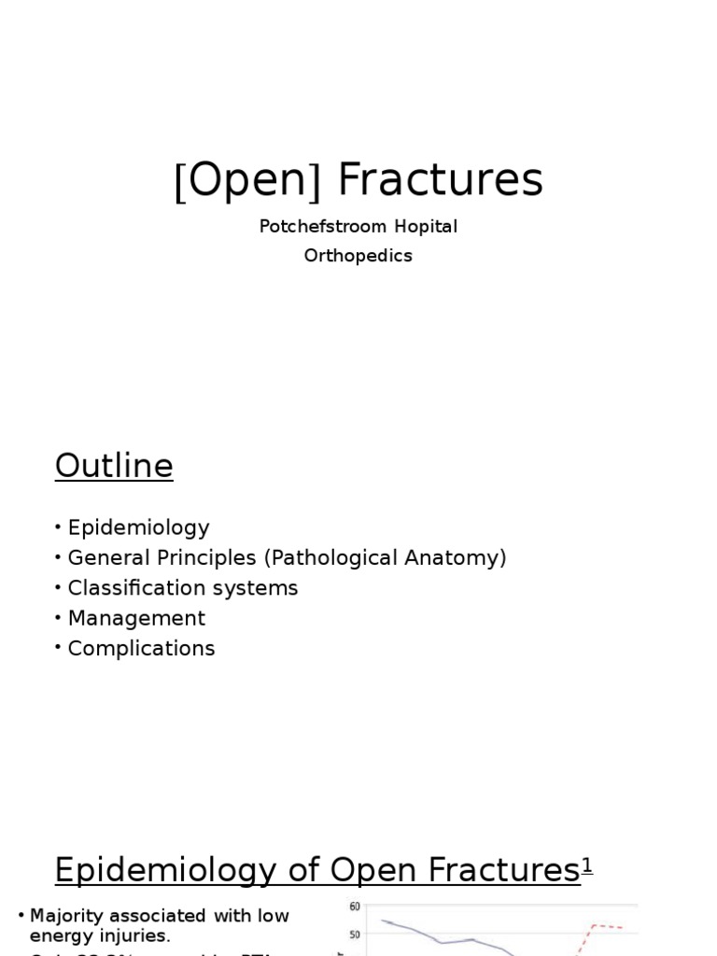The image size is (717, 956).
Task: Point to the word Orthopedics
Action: point(358,256)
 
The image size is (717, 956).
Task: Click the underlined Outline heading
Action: point(114,466)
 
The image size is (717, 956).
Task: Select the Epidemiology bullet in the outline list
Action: point(138,528)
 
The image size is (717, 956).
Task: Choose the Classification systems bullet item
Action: point(182,588)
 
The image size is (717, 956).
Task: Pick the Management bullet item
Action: point(136,618)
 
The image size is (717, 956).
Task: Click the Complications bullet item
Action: point(141,648)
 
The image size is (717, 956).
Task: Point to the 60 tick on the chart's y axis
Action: point(355,907)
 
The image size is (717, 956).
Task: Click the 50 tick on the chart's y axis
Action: point(355,935)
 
